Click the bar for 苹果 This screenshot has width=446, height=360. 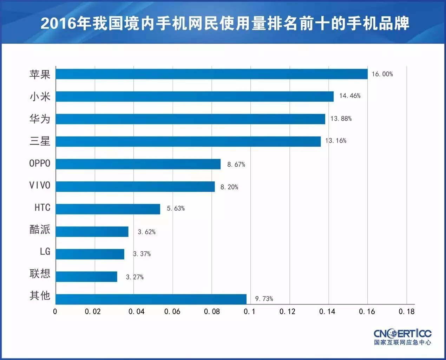click(x=211, y=74)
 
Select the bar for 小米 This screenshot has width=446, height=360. click(x=195, y=97)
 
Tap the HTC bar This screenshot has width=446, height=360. click(x=108, y=209)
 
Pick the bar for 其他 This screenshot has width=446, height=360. click(x=151, y=299)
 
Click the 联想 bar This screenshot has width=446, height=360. click(x=86, y=277)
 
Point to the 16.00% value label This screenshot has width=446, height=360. click(x=382, y=74)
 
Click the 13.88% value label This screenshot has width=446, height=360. click(x=341, y=119)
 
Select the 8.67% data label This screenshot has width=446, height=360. click(x=236, y=165)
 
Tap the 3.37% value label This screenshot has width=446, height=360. click(x=142, y=254)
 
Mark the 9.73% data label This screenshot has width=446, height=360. click(x=264, y=299)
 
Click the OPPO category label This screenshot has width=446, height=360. click(x=40, y=163)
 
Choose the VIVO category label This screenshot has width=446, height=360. click(x=40, y=186)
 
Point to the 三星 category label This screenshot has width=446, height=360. click(x=40, y=141)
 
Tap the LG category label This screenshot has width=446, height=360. click(x=45, y=252)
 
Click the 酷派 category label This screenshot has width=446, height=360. click(x=40, y=230)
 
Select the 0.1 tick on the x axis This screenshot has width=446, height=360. click(x=249, y=311)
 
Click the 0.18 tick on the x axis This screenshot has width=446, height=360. click(x=406, y=311)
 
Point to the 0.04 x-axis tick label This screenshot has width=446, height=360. click(x=136, y=311)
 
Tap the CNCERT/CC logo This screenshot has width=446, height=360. click(x=402, y=336)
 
